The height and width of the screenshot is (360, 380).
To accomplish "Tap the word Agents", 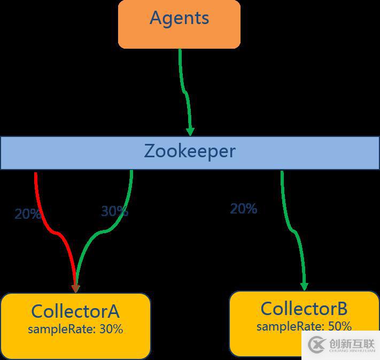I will [179, 18].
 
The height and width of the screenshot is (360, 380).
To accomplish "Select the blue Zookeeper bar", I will [64, 153].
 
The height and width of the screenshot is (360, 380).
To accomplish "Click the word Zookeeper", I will [190, 151].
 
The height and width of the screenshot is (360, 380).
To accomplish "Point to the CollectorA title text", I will [75, 311].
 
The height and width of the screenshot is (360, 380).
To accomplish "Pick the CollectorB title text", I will [304, 309].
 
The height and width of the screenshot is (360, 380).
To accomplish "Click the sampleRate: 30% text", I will [75, 329].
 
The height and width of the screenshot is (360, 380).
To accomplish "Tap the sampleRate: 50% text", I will [304, 326].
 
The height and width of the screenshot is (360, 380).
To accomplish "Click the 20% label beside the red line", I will [27, 214].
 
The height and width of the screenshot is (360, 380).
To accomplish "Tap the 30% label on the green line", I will [114, 211].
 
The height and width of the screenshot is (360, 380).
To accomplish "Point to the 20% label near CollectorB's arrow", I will [244, 209].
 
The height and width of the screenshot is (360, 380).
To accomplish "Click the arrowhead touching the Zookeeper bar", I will [190, 132].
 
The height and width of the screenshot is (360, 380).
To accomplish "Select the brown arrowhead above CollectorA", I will [75, 288].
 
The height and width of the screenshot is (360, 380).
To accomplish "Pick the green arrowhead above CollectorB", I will [304, 286].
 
